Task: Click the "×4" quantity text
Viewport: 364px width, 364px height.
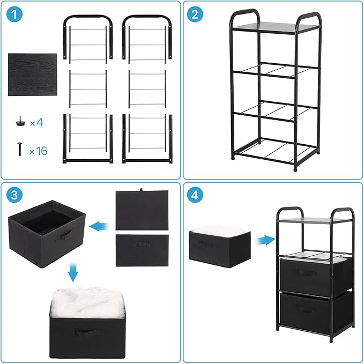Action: [x=36, y=123]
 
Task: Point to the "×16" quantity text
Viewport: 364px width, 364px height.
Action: [x=38, y=151]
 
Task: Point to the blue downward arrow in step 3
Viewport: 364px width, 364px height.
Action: [x=73, y=274]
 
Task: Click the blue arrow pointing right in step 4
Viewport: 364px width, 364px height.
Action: [x=262, y=239]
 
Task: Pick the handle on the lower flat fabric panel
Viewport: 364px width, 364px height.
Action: [x=142, y=246]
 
